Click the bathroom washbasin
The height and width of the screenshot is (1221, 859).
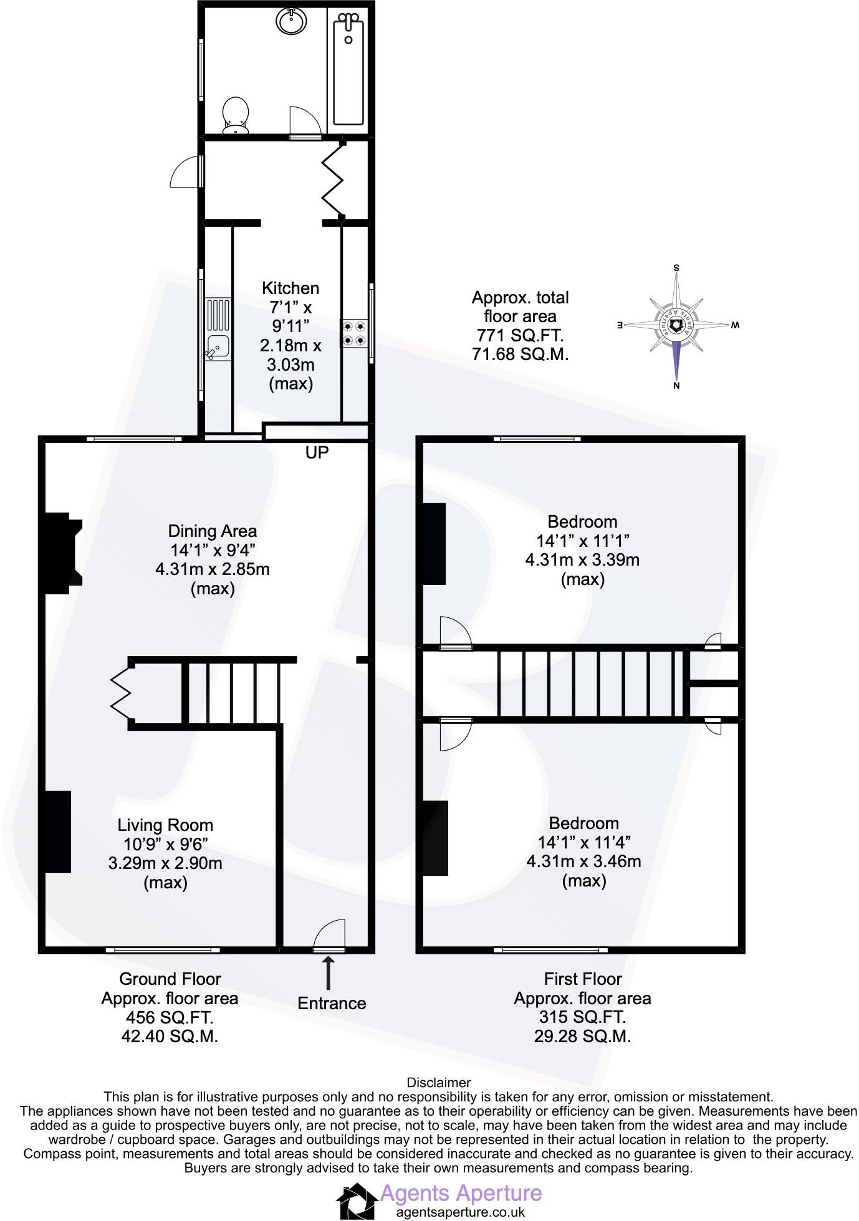tap(291, 22)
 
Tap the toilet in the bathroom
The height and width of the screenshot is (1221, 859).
tap(236, 115)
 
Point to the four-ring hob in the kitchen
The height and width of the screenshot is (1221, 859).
tap(353, 333)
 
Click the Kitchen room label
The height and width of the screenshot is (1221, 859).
tap(290, 288)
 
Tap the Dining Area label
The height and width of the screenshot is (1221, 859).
tap(212, 531)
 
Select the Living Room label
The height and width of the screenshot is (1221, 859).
tap(165, 825)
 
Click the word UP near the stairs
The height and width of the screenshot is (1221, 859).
tap(317, 453)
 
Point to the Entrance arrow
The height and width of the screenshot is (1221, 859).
tap(328, 974)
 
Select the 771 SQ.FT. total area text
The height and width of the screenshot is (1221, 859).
tap(520, 336)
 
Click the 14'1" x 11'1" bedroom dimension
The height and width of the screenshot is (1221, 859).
tap(582, 541)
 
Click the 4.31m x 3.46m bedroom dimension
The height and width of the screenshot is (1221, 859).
tap(583, 862)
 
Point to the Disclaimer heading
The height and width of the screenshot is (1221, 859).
tap(438, 1083)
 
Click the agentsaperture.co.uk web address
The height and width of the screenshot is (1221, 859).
tap(460, 1212)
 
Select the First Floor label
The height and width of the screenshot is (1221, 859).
tap(582, 979)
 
